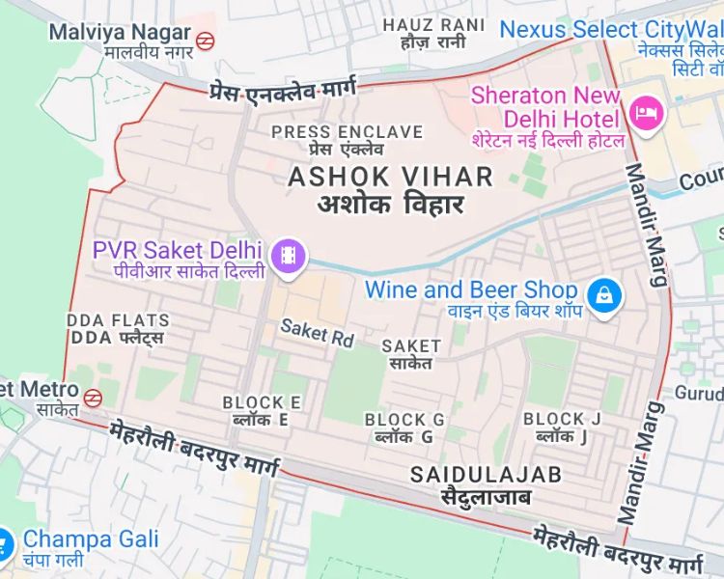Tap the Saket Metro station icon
(x=93, y=397)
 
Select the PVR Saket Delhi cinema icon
(x=289, y=256)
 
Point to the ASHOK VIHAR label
(x=390, y=177)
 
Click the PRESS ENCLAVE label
(x=347, y=131)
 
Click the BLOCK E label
(x=261, y=402)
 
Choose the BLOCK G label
(x=404, y=420)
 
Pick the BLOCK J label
(x=562, y=419)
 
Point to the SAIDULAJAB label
(x=486, y=474)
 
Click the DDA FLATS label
(x=119, y=320)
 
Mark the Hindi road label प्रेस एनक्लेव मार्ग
(x=281, y=89)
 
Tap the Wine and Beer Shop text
(x=471, y=289)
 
